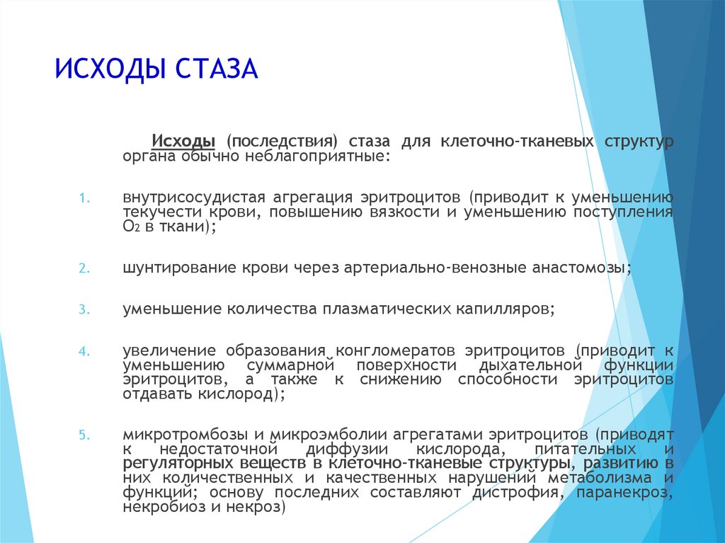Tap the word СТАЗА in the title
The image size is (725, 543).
coord(217,69)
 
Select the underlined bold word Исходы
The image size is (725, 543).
coord(183,141)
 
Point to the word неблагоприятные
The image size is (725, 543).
coord(318,156)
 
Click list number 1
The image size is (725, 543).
coord(84,198)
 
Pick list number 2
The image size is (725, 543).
coord(84,268)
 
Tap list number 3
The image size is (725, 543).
coord(84,309)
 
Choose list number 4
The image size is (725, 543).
coord(84,352)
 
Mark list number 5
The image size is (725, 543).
coord(84,435)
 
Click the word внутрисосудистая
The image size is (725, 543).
coord(194,198)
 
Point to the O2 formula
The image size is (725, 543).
coord(131,227)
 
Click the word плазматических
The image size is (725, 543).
coord(387,309)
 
